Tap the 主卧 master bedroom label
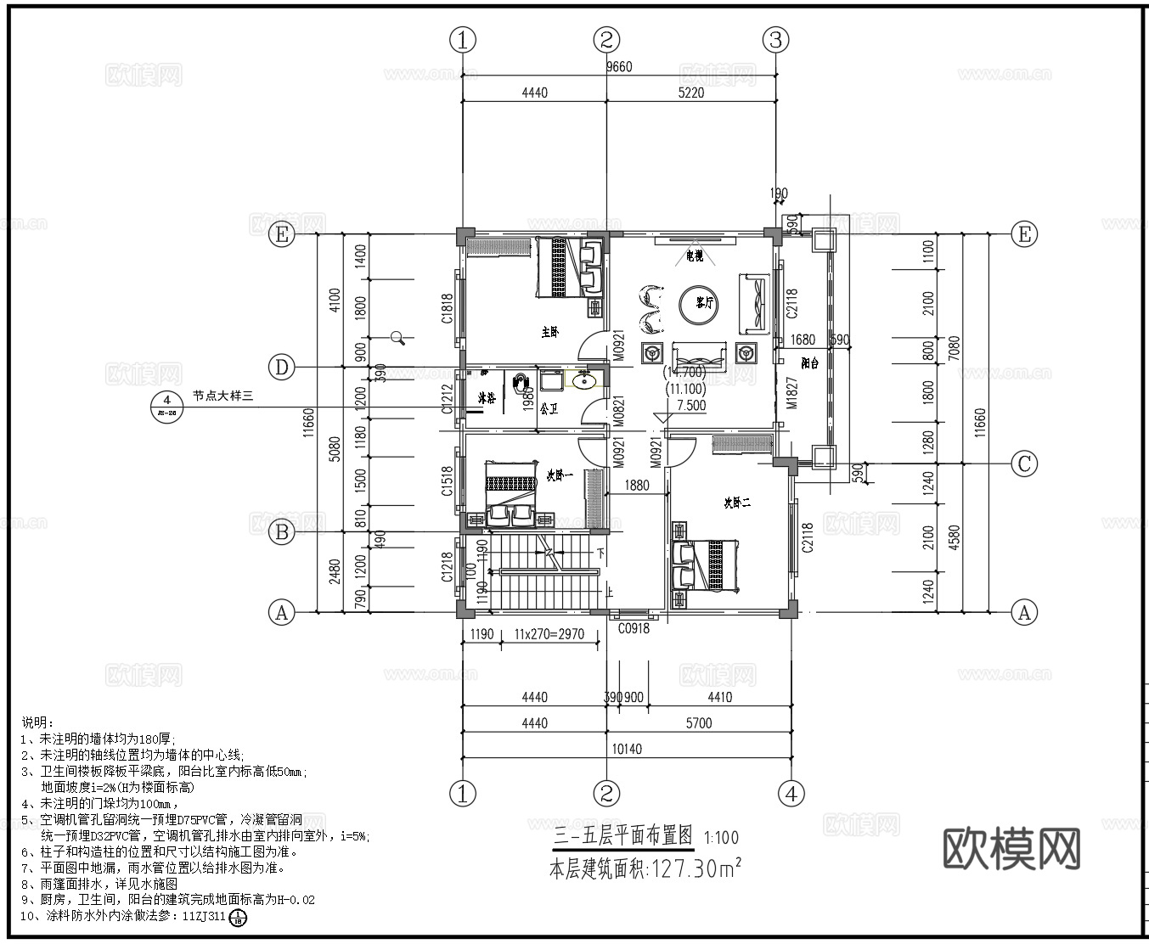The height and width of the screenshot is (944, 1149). point(550,332)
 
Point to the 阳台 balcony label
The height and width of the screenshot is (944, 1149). point(809,363)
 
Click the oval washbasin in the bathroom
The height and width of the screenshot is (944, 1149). point(583,381)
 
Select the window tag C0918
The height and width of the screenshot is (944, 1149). point(634,629)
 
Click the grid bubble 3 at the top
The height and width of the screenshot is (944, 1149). point(775,39)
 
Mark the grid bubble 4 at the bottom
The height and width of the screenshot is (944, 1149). point(791,794)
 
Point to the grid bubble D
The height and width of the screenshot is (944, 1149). point(282,368)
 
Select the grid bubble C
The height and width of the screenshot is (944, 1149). point(1024,464)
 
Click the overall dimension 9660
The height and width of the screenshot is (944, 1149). point(618,67)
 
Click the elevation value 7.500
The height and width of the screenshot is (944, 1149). point(690,406)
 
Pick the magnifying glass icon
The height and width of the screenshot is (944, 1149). point(397,338)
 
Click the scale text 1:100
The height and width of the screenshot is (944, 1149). point(721,838)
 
